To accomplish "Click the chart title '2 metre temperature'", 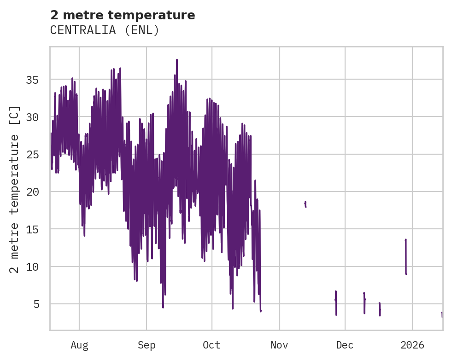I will (123, 15).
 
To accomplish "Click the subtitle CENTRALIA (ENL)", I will (105, 30).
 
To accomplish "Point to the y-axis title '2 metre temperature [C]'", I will (15, 189).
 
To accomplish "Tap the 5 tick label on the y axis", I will (36, 304).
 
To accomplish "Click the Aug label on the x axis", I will (79, 345).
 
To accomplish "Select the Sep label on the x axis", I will (147, 345).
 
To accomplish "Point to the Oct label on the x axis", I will (211, 345).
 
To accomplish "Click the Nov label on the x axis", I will (279, 345).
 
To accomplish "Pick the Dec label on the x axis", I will (345, 345).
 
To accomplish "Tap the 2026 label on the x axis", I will (412, 345).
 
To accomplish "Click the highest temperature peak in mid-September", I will (176, 60).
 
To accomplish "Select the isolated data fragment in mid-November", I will (305, 204).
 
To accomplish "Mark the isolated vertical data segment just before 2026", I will (405, 256).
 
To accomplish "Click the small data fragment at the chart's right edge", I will (442, 314).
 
